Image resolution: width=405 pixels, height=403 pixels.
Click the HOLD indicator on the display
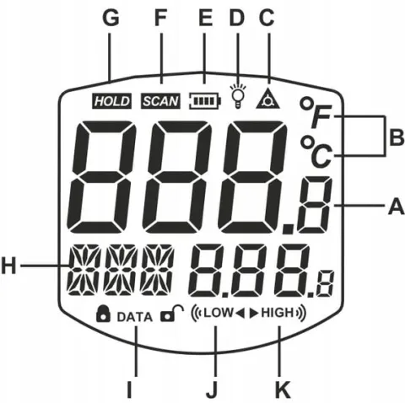coord(112,101)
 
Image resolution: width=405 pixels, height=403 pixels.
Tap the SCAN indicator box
coord(160,101)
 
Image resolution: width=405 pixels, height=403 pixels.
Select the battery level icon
coord(205,100)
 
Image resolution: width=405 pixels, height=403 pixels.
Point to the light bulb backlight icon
coord(238,96)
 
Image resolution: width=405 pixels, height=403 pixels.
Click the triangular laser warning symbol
coord(268,99)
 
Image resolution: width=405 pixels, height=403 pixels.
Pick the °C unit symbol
coord(316,151)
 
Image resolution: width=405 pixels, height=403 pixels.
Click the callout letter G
coord(111,19)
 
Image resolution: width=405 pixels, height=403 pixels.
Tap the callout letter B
coord(397,138)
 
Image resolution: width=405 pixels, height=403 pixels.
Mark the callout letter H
coord(8,266)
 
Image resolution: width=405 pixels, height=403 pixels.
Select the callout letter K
coord(283,390)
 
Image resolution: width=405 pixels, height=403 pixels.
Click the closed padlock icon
coord(103,314)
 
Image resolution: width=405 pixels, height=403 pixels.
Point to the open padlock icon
coord(172,314)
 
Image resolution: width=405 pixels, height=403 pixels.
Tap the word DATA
coord(135,317)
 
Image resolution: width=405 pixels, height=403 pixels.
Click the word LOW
coord(219,313)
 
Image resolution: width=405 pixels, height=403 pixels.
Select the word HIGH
coord(278,313)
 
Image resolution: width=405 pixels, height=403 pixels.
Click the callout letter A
coord(397,207)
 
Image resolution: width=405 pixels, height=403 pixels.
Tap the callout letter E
coord(205,19)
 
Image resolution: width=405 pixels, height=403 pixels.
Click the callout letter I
coord(129,390)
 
